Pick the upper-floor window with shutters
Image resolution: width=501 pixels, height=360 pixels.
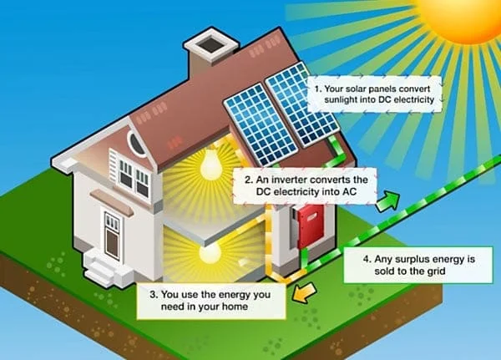[133, 177]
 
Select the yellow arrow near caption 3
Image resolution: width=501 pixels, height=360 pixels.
[302, 290]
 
